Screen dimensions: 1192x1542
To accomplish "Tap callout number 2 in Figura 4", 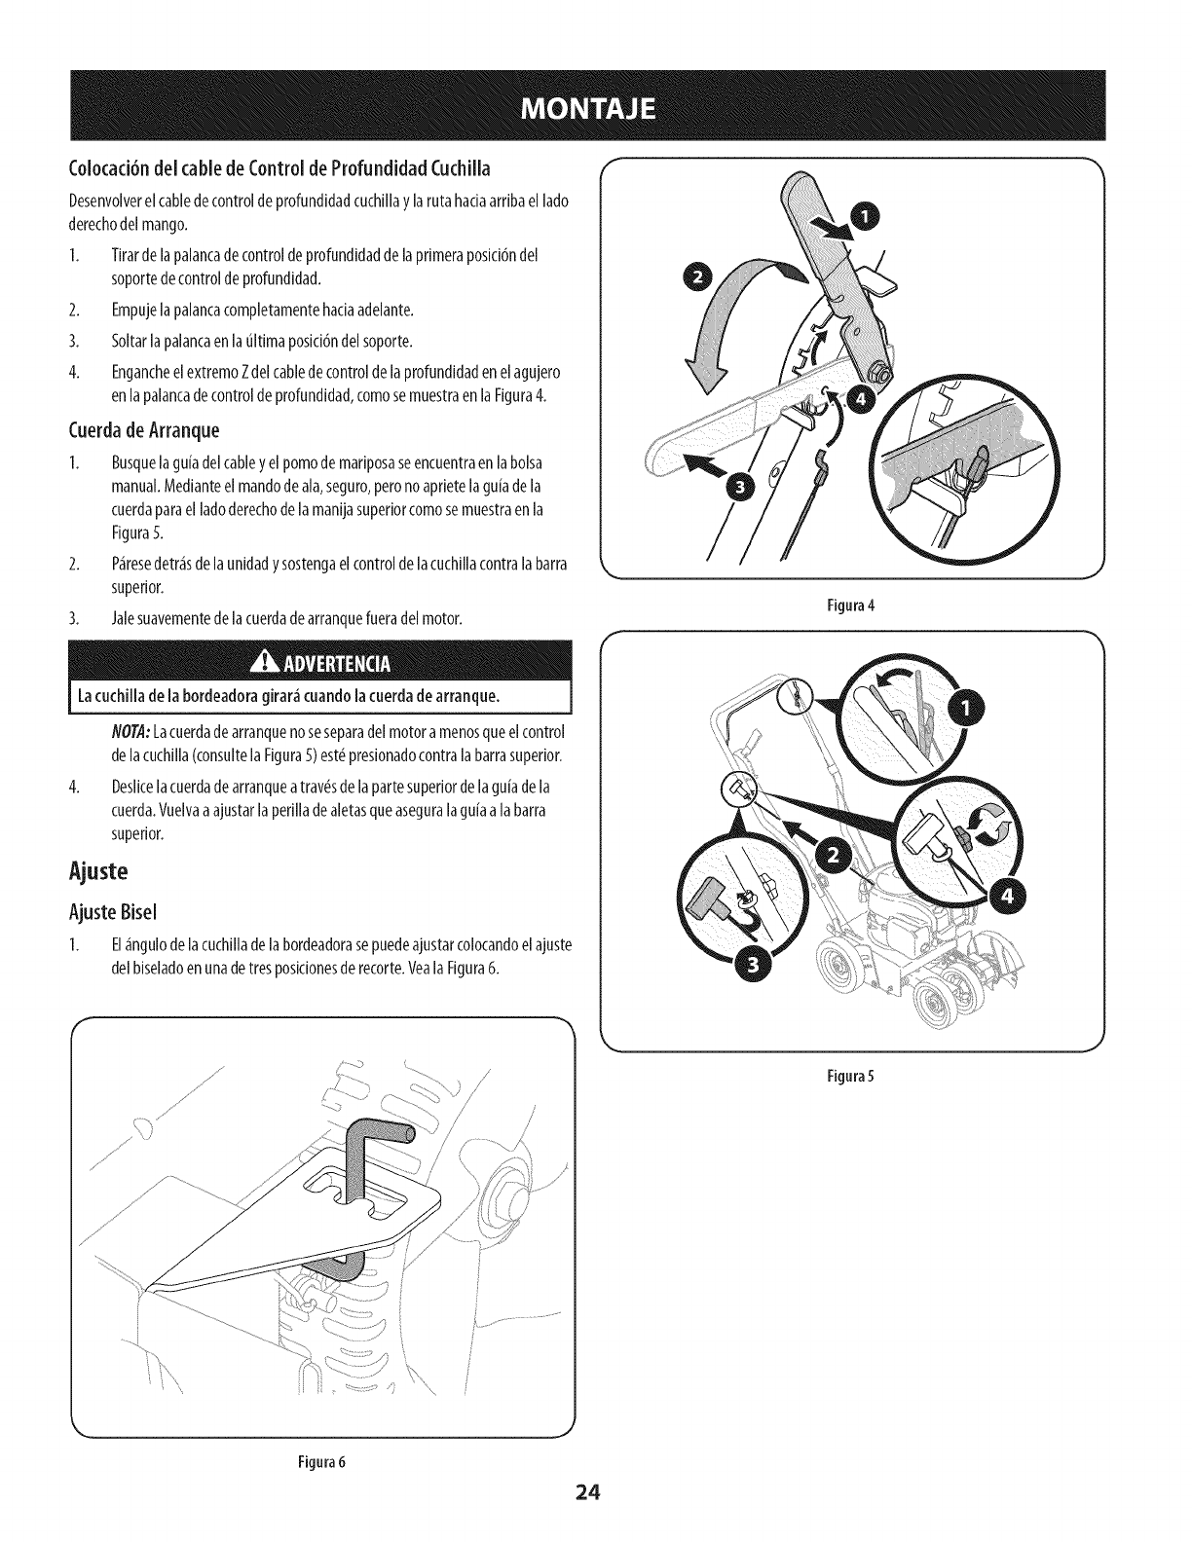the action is (700, 282).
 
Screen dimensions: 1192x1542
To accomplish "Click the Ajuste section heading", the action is (97, 870).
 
